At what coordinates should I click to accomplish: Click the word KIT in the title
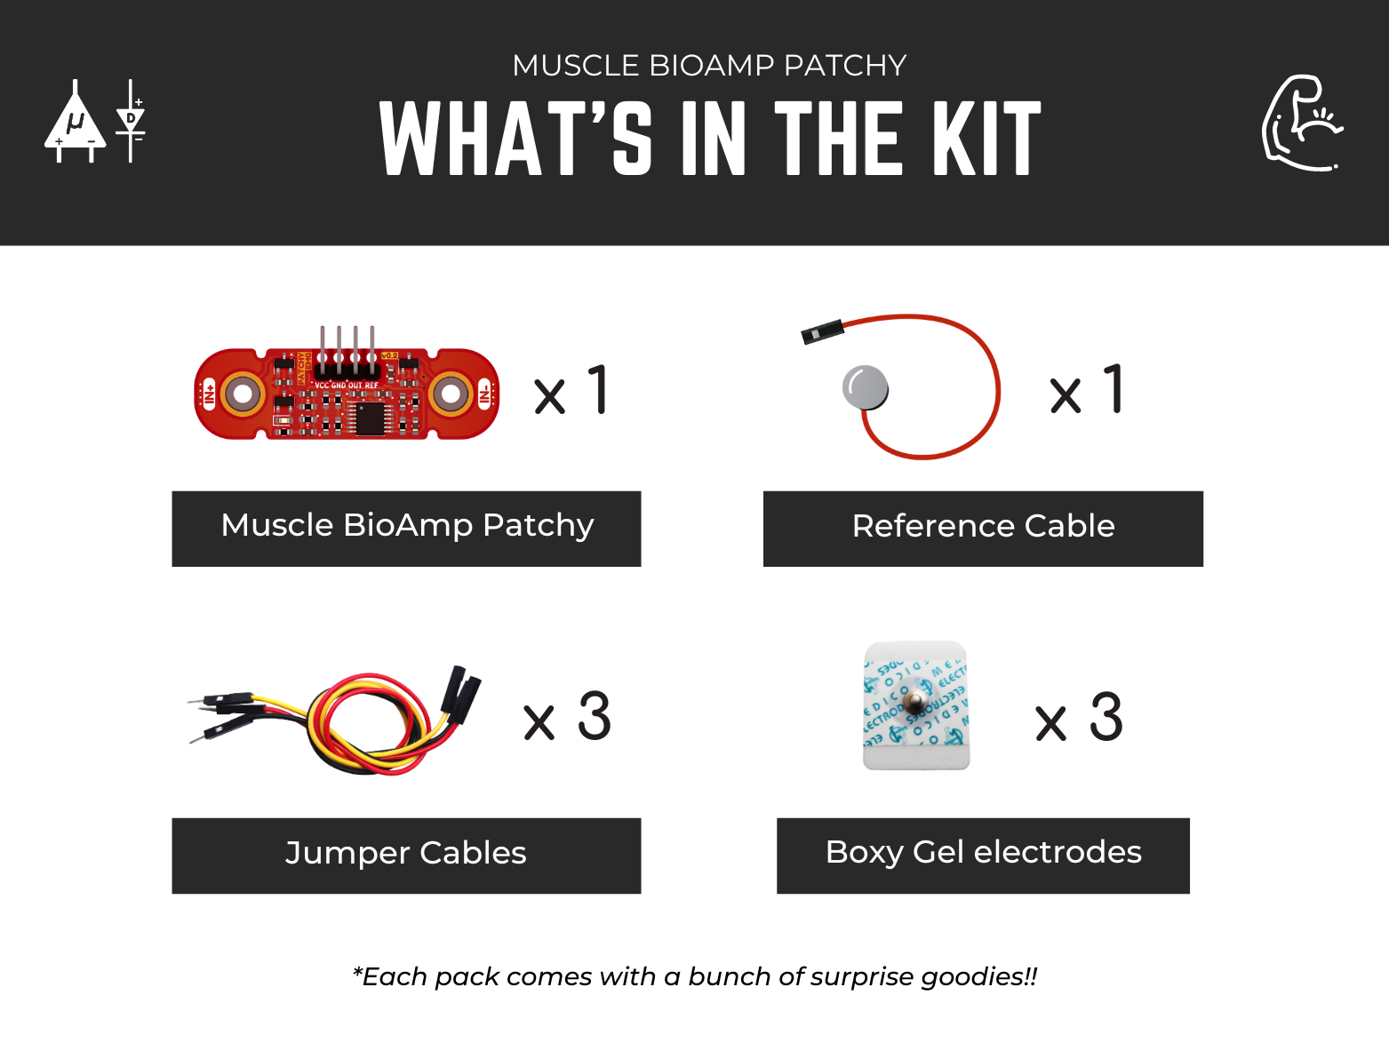pyautogui.click(x=987, y=139)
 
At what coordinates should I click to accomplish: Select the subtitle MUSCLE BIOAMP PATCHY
pyautogui.click(x=709, y=66)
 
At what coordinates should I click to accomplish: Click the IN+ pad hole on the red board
pyautogui.click(x=242, y=394)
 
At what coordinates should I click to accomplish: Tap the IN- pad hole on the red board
pyautogui.click(x=451, y=394)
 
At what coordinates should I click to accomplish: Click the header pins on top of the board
pyautogui.click(x=347, y=346)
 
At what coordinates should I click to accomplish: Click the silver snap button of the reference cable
pyautogui.click(x=865, y=388)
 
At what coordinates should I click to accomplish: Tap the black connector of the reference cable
pyautogui.click(x=821, y=333)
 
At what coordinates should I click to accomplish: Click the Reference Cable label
pyautogui.click(x=983, y=528)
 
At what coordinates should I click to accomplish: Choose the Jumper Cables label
pyautogui.click(x=406, y=855)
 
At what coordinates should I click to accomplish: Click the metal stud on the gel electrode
pyautogui.click(x=914, y=704)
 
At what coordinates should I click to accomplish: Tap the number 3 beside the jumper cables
pyautogui.click(x=595, y=717)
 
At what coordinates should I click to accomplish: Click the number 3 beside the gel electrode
pyautogui.click(x=1106, y=717)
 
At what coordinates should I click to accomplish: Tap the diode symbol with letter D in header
pyautogui.click(x=132, y=120)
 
